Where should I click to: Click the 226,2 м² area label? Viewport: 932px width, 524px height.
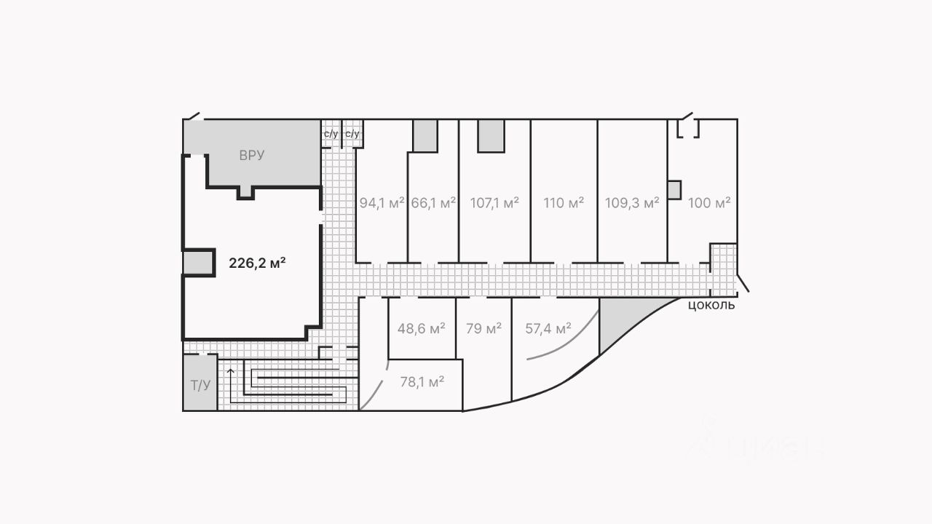coord(257,263)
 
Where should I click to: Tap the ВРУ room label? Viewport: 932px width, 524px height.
coord(251,155)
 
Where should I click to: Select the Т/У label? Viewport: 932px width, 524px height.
coord(200,385)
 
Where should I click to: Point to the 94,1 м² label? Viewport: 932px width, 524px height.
coord(382,203)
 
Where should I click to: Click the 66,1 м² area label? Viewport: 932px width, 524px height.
coord(433,203)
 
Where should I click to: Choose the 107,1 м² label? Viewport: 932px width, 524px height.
coord(494,203)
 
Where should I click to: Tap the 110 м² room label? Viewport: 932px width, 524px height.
coord(564,203)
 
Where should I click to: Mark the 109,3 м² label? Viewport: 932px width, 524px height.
coord(632,203)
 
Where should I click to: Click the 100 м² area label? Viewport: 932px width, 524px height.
coord(709,203)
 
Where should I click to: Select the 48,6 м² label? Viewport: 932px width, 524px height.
coord(421,329)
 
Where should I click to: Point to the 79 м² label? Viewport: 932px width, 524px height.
coord(483,329)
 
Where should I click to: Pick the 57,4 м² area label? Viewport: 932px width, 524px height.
coord(548,329)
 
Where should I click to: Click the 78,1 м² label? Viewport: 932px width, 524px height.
coord(422,381)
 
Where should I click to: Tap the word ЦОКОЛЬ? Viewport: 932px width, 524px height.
coord(711,306)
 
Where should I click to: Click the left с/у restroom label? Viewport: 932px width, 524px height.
coord(331,134)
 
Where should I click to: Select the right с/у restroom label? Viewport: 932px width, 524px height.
coord(352,134)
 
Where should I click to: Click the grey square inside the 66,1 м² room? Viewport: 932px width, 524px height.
coord(425,135)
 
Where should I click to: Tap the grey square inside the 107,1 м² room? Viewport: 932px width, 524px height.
coord(491,135)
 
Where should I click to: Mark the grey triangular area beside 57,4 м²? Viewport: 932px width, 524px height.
coord(618,320)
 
